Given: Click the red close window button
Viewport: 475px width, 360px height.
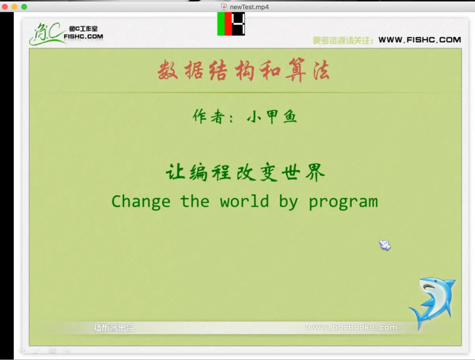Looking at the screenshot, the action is [5, 7].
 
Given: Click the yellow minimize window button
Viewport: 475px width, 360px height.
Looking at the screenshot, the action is [15, 7].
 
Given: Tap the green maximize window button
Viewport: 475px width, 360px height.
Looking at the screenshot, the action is [24, 7].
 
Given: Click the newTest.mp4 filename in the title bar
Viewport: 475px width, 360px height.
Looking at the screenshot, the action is [249, 7].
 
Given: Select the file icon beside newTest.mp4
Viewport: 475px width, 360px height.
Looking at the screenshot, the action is [224, 7].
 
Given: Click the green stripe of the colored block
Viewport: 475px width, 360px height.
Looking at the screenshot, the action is [221, 24].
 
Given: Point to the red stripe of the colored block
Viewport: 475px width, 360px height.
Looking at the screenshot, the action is [228, 24].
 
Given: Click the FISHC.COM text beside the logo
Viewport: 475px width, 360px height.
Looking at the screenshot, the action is [83, 36].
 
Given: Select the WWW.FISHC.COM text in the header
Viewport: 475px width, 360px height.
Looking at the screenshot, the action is [420, 40].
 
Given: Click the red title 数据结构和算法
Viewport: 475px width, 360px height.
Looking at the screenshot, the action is [244, 70].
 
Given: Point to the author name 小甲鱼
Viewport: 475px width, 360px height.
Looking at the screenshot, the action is [272, 117].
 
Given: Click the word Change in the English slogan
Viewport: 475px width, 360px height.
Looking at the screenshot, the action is [141, 202].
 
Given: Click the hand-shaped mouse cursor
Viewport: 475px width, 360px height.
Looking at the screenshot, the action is [384, 245].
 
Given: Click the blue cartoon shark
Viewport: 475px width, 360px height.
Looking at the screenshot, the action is [433, 302].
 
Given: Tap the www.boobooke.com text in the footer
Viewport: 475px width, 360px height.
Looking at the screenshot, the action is [351, 327].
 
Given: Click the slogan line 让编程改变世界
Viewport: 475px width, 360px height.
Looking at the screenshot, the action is [245, 172].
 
